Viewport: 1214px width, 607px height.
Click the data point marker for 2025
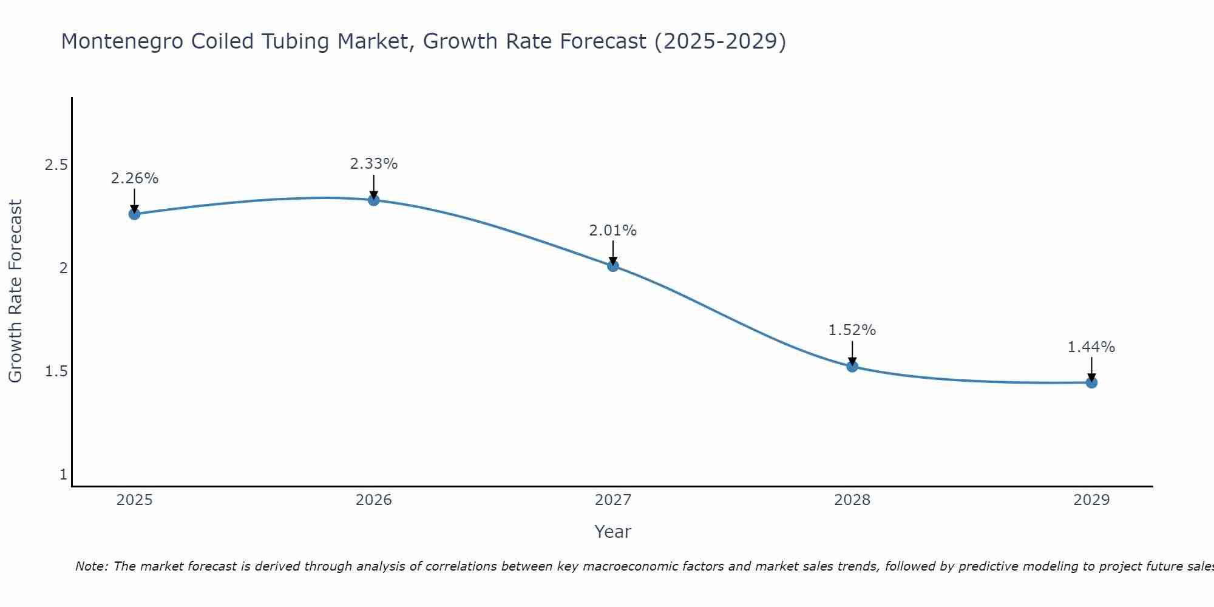(x=134, y=214)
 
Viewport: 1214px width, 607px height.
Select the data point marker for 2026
(x=374, y=200)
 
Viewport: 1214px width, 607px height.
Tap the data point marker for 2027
(x=613, y=265)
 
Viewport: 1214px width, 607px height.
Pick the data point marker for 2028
(x=852, y=366)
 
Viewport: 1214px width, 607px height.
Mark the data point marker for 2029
(x=1091, y=382)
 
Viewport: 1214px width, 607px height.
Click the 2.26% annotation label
(x=134, y=178)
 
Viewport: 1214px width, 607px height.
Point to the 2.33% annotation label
(x=374, y=164)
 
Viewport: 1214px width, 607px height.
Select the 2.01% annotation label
(x=613, y=231)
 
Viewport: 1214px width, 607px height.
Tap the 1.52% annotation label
(x=852, y=330)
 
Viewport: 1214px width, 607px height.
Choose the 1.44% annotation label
(x=1091, y=347)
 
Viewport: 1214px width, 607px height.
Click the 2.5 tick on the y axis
(x=56, y=165)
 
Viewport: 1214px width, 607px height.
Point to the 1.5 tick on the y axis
(x=56, y=371)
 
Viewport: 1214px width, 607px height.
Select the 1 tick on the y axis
(x=63, y=475)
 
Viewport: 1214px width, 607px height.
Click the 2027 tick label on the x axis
(x=613, y=500)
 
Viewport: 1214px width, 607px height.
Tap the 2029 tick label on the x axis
(x=1091, y=500)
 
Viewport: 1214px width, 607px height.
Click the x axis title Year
(x=613, y=532)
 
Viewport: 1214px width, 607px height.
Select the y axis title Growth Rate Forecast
(x=15, y=291)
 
